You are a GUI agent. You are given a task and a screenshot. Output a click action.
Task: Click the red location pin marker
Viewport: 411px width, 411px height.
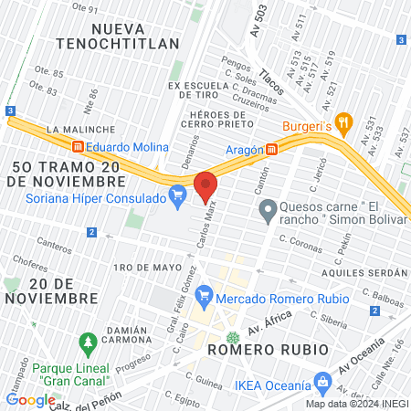(x=206, y=185)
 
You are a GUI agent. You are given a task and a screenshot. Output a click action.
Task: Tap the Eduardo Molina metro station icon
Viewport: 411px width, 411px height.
(x=79, y=147)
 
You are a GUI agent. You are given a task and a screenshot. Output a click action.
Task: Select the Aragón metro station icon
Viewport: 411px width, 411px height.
(x=271, y=150)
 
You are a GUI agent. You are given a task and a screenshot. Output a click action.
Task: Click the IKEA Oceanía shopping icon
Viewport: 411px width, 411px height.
(x=321, y=380)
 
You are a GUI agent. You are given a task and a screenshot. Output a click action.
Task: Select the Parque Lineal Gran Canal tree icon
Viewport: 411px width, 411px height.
(x=88, y=344)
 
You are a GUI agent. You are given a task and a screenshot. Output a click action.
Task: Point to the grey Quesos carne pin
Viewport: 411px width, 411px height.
(x=268, y=214)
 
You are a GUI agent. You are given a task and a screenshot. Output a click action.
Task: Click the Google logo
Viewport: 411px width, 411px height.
(x=30, y=399)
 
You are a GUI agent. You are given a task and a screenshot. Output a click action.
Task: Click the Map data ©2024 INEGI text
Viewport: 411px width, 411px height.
(x=356, y=404)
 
